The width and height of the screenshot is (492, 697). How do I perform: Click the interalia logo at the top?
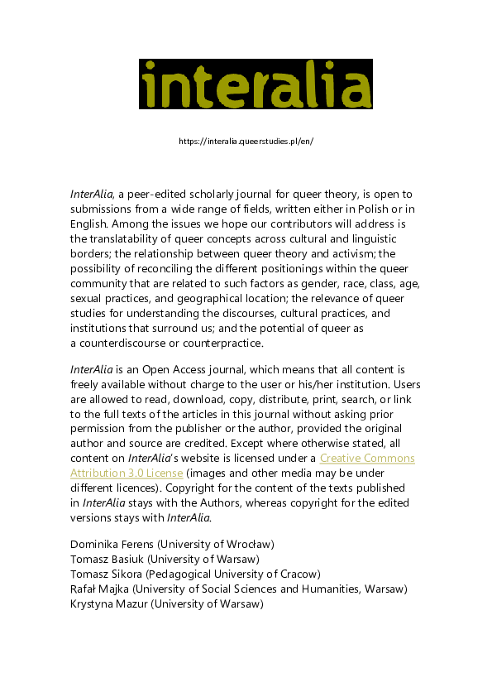(x=256, y=84)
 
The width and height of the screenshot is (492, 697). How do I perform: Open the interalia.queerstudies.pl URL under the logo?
(x=246, y=141)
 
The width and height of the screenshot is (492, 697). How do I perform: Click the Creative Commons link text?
(x=367, y=458)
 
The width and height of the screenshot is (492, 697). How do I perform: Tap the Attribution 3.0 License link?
(x=127, y=473)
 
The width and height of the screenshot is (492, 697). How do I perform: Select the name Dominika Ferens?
(x=112, y=544)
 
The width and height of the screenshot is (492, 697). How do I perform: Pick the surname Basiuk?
(x=131, y=559)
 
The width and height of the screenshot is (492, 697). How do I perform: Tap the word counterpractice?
(x=229, y=344)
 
